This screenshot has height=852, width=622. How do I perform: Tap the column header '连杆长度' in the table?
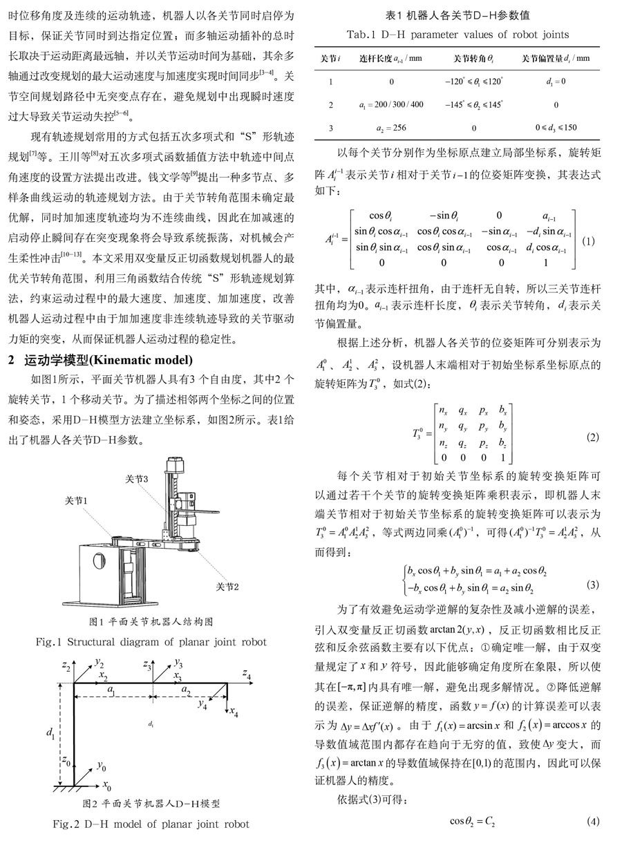coord(391,58)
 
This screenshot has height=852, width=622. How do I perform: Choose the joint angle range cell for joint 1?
coord(473,82)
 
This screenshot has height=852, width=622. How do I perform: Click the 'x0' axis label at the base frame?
coord(107,786)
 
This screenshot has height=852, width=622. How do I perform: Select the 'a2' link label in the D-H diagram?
coord(187,690)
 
